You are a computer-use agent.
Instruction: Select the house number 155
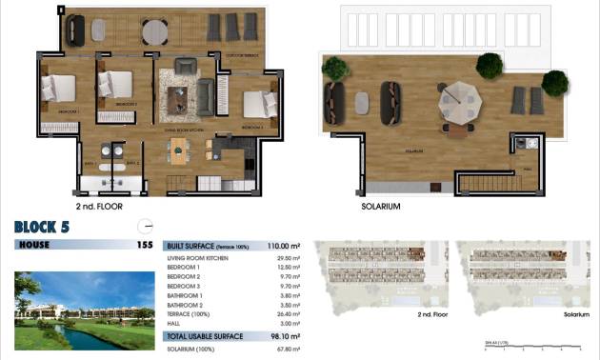[144, 245]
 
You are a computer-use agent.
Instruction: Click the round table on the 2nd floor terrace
[155, 31]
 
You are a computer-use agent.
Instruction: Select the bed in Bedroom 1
[58, 88]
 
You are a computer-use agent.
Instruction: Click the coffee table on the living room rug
[178, 97]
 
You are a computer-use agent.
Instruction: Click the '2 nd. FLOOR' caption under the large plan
[99, 206]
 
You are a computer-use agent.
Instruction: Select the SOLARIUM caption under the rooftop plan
[381, 206]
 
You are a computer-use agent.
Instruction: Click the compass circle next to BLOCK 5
[146, 226]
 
